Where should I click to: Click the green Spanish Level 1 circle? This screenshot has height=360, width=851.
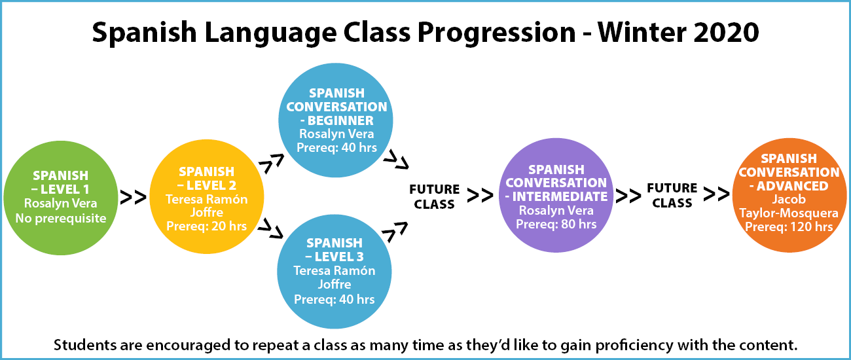click(61, 198)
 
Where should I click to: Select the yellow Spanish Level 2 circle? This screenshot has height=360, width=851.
click(207, 197)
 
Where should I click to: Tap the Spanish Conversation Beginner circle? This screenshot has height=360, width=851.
click(336, 120)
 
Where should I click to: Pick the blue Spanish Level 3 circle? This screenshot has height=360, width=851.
click(335, 272)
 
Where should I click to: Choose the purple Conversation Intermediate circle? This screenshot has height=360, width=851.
click(556, 195)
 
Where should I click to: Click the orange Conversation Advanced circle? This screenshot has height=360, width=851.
click(789, 195)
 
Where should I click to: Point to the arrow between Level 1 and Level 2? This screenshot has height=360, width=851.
click(134, 197)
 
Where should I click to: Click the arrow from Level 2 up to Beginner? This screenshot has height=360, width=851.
click(271, 164)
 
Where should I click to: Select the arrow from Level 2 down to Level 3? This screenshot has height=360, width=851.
click(270, 228)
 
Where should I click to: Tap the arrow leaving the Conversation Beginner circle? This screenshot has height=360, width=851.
click(396, 160)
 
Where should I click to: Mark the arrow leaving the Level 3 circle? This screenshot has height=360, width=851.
click(395, 232)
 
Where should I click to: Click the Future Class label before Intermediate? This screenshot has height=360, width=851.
click(434, 197)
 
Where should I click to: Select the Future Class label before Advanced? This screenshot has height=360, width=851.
click(672, 195)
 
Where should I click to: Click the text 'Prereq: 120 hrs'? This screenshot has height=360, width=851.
click(789, 227)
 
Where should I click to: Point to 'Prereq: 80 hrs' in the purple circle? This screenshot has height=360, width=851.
click(556, 224)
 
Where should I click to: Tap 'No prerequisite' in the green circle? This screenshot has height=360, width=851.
click(61, 219)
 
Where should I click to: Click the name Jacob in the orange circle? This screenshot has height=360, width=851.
click(789, 199)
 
